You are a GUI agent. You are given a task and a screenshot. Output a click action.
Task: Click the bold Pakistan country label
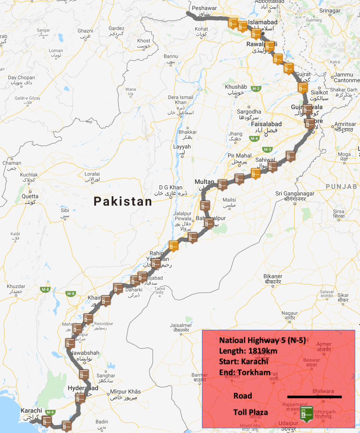[123, 202]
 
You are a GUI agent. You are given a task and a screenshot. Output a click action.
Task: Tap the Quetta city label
[30, 196]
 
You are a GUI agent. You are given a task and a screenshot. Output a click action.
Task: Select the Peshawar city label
[204, 8]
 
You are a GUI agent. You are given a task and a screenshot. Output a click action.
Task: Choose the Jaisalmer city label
[180, 325]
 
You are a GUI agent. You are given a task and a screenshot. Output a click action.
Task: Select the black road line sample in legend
[314, 397]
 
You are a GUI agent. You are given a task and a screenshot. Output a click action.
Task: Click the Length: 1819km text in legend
[248, 351]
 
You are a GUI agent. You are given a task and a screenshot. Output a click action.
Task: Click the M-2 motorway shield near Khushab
[256, 89]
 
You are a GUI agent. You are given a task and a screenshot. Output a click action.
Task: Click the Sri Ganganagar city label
[295, 194]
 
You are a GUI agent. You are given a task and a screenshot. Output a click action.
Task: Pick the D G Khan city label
[170, 187]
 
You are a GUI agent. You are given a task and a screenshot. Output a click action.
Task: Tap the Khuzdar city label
[16, 286]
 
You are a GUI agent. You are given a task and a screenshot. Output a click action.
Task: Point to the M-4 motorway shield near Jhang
[254, 139]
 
